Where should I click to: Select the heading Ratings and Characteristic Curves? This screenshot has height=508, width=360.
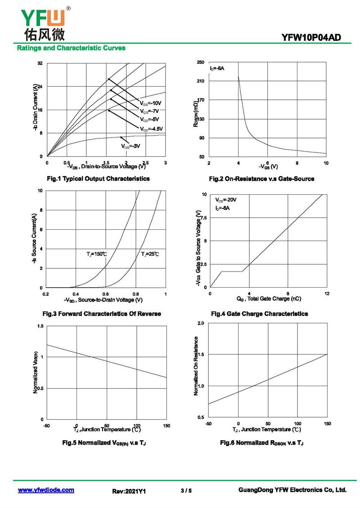pos(71,48)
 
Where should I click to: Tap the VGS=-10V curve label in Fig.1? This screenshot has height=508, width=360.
pos(150,103)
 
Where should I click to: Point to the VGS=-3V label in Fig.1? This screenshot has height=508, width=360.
pos(130,146)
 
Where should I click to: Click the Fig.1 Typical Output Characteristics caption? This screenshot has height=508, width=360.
pos(98,178)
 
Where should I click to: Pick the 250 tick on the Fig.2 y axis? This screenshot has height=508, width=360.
pos(201,63)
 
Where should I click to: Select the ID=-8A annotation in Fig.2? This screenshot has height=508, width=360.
pos(217,68)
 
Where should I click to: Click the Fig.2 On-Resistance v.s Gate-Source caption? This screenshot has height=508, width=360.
pos(261,179)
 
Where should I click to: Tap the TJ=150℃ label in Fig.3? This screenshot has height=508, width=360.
pos(97,254)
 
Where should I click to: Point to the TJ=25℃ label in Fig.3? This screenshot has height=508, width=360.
pos(150,254)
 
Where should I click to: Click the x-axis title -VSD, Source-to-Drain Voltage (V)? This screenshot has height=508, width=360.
pos(103,300)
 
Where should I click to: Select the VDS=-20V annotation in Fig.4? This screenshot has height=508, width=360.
pos(225,200)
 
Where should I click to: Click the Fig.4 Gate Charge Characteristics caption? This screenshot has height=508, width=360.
pos(259,313)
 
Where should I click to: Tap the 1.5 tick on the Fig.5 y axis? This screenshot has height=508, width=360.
pos(40,326)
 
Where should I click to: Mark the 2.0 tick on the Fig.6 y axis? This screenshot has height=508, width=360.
pos(201,323)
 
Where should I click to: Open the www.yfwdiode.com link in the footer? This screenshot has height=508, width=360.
pos(46,490)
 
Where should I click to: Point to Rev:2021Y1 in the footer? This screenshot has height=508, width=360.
pos(129,492)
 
